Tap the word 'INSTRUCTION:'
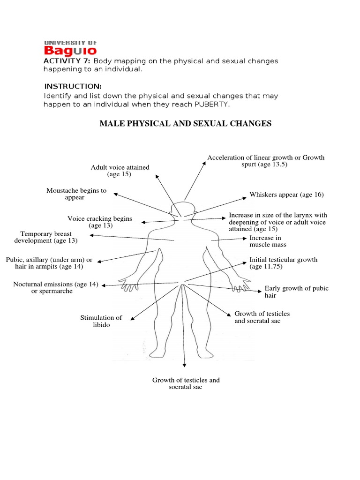[73, 87]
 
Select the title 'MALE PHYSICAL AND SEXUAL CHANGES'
[185, 124]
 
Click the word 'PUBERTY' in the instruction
[214, 104]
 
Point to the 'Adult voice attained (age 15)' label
[120, 171]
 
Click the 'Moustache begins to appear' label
[76, 194]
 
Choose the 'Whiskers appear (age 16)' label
[286, 195]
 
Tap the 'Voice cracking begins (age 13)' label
[100, 222]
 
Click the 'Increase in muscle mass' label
[268, 241]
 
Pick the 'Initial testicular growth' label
[283, 262]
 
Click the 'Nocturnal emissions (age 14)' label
[56, 287]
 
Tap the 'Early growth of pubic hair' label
[296, 292]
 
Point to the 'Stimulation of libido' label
[101, 321]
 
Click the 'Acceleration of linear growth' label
[266, 161]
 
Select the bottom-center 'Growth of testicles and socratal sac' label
[186, 383]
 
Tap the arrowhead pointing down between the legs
[185, 366]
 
